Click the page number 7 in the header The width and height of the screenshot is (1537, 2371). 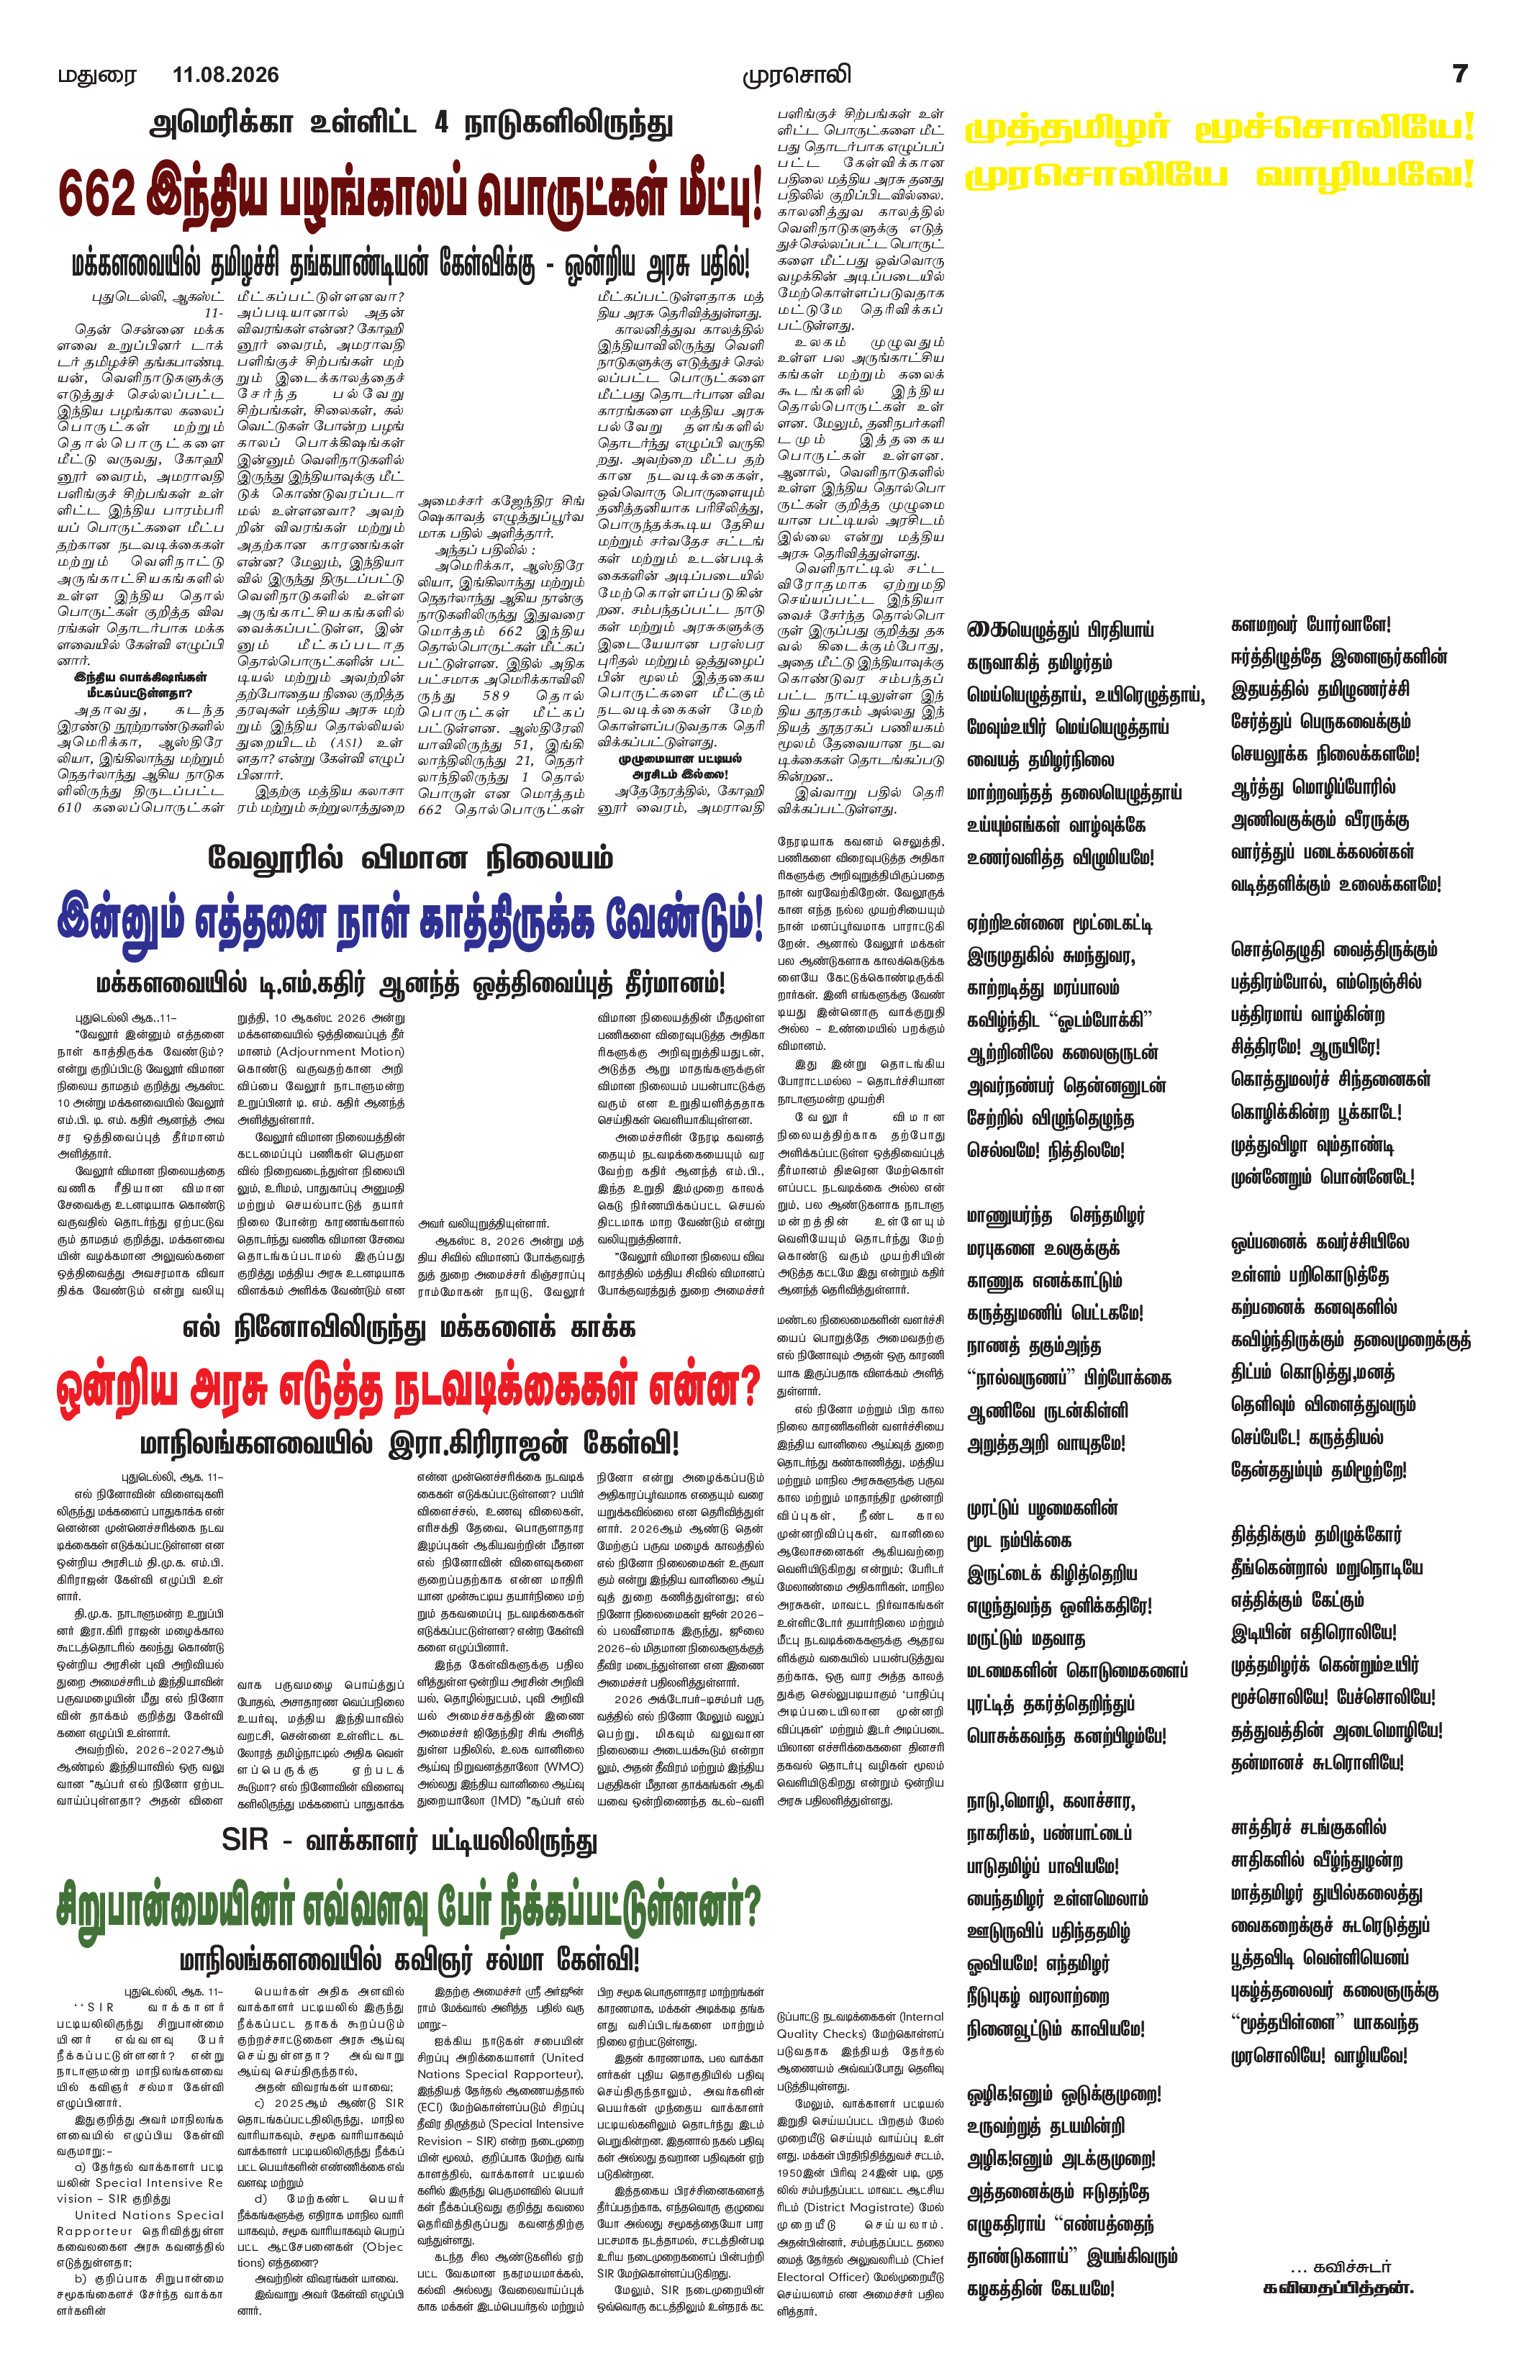(1459, 73)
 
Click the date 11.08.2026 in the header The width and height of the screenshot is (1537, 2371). (225, 75)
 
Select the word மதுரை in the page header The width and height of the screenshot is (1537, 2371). (96, 76)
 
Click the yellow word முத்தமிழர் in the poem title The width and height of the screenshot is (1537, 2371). (1067, 130)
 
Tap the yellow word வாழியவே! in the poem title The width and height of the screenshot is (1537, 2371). (1364, 176)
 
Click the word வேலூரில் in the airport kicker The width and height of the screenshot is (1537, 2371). (275, 858)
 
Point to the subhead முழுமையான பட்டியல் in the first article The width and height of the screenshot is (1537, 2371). (679, 759)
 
